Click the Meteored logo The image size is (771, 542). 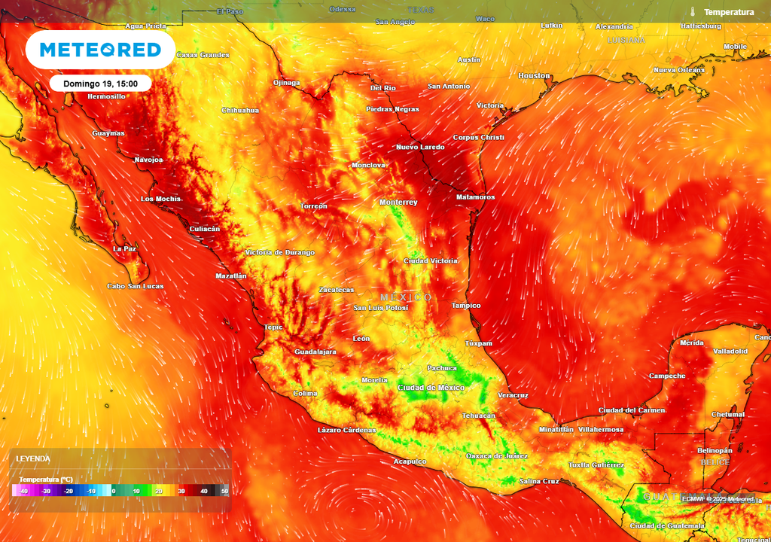100,50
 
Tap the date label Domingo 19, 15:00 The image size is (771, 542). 100,84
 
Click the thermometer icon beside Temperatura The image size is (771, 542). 693,12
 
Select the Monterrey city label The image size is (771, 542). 398,202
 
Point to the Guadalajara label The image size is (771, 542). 315,352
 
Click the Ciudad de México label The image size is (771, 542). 431,388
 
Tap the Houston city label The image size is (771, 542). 534,76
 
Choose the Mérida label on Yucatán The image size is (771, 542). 691,343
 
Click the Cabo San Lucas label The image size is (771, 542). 135,286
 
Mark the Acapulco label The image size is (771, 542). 410,461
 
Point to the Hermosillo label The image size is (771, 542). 106,96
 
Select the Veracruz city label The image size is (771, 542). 513,395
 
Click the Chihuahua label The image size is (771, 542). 240,111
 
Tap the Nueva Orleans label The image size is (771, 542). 679,70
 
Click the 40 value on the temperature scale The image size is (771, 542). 203,491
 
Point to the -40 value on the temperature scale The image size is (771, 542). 24,491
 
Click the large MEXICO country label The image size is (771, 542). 406,297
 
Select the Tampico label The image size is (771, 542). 465,306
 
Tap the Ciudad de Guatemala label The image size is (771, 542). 667,525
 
